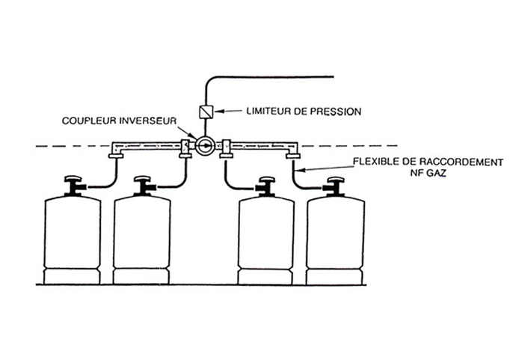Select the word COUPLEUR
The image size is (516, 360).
89,120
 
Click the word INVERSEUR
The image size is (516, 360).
148,120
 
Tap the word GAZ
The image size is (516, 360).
437,173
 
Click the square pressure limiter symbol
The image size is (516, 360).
206,112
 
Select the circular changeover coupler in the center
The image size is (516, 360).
205,146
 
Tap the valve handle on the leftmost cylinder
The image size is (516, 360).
73,179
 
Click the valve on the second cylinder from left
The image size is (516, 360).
145,186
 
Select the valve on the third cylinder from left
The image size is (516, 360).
266,187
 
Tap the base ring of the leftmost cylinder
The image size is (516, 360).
72,276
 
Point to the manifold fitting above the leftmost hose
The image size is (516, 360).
116,156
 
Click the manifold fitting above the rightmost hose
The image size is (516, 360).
293,156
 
